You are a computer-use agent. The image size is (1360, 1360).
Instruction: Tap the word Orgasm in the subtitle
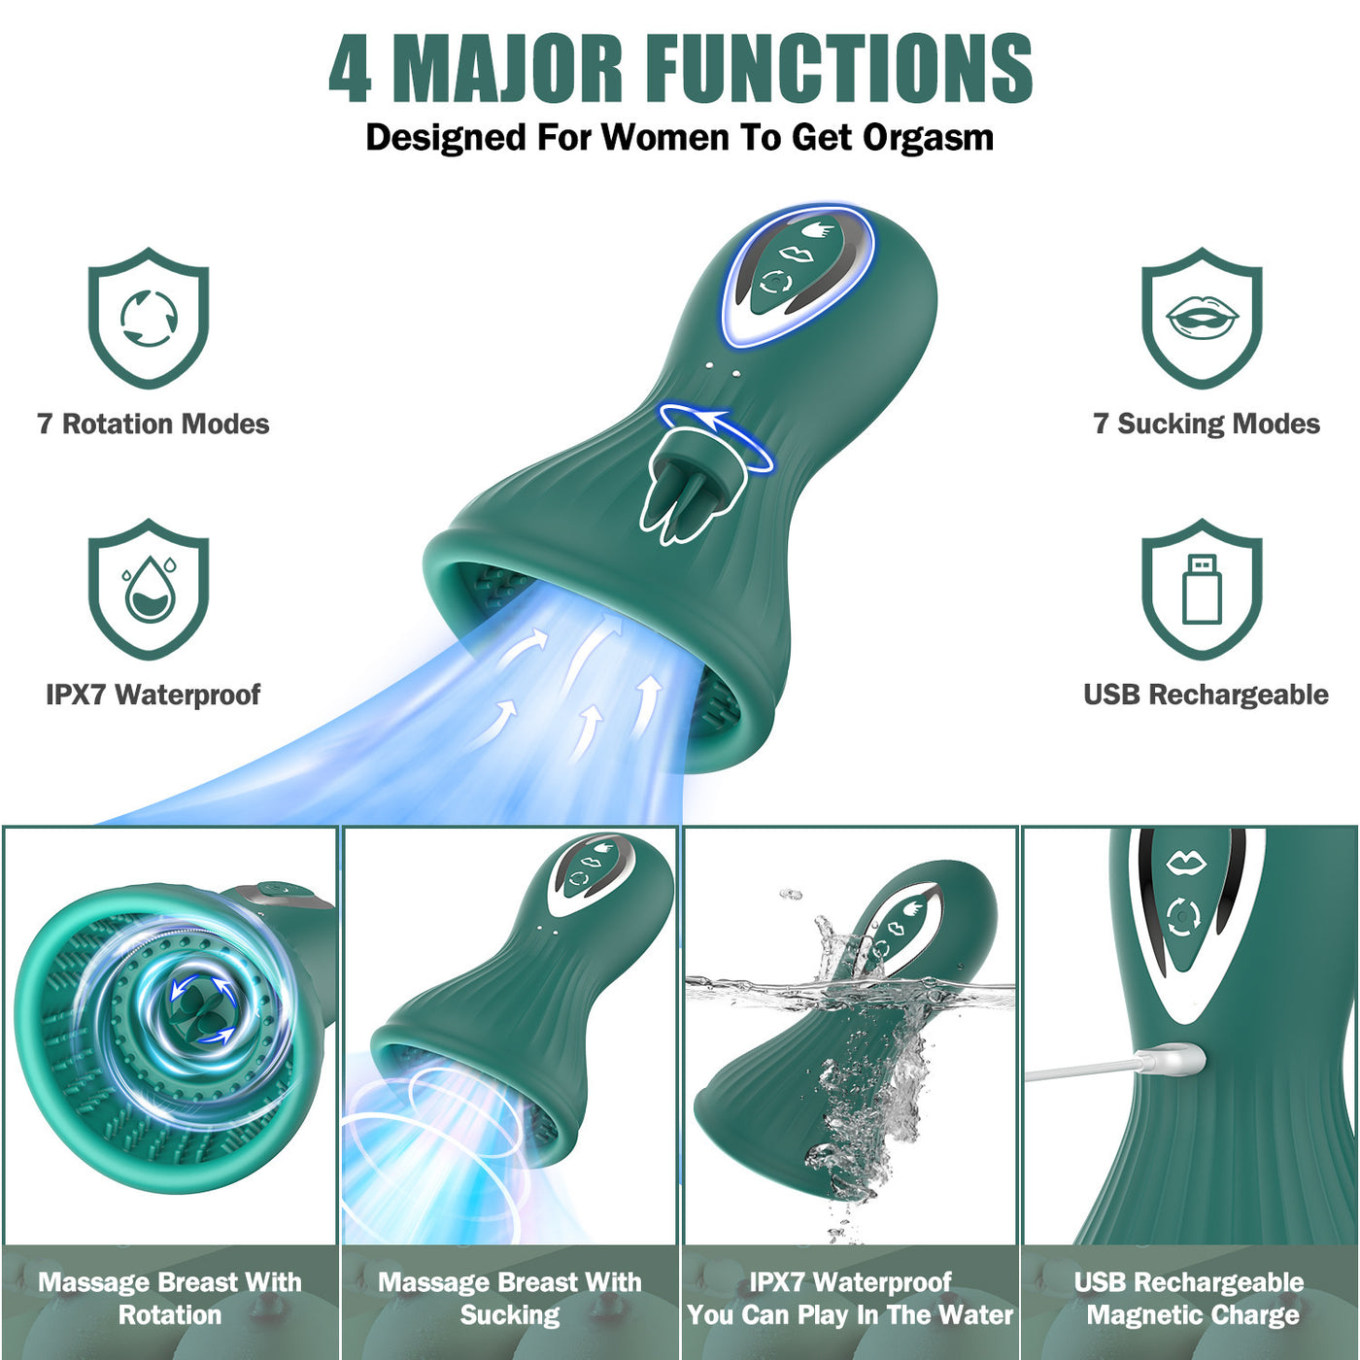tap(928, 137)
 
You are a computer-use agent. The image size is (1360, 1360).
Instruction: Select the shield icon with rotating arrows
tap(149, 318)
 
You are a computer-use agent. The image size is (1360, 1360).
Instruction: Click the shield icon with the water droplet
tap(149, 589)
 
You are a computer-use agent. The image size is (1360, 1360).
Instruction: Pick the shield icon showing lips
tap(1202, 318)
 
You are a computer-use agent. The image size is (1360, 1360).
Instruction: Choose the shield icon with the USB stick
tap(1202, 589)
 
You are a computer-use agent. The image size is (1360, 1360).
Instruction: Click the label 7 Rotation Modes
tap(153, 425)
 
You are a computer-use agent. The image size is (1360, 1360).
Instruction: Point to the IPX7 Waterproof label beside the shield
tap(153, 696)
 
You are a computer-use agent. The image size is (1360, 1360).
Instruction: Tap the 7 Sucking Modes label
tap(1207, 425)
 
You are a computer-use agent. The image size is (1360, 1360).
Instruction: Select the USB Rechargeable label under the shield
tap(1207, 696)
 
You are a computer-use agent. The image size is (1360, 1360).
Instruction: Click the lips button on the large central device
tap(795, 253)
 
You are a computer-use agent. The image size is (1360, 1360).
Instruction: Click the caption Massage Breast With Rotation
tap(170, 1299)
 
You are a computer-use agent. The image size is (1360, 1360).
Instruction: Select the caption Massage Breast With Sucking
tap(510, 1299)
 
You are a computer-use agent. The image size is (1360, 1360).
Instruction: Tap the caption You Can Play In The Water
tap(850, 1315)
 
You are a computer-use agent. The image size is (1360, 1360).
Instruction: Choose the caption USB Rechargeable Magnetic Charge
tap(1190, 1299)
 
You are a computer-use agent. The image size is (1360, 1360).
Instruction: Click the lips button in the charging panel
tap(1186, 863)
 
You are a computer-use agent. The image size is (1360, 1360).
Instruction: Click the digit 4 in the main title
tap(351, 68)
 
